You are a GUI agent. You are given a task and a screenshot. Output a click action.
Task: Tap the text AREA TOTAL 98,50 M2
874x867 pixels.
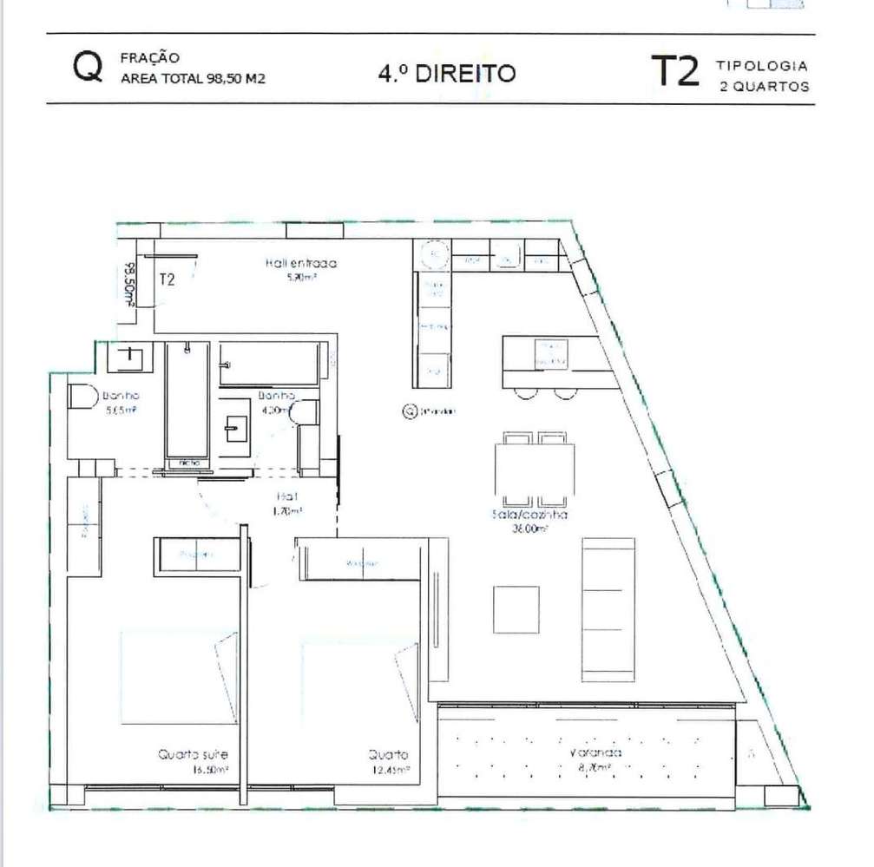(193, 79)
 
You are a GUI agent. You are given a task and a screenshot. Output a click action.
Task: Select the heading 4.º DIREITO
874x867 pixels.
(446, 73)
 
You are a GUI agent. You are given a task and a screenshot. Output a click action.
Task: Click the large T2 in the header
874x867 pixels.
(674, 72)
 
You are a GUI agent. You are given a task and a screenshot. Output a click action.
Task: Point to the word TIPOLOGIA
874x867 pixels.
(763, 66)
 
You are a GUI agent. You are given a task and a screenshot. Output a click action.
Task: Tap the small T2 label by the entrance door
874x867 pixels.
(168, 279)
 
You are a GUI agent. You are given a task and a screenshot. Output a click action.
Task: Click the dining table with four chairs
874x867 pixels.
(535, 470)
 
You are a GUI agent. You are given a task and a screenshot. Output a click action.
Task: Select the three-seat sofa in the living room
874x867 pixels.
(608, 609)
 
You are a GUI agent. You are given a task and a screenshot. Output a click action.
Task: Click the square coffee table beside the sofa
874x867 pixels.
(516, 609)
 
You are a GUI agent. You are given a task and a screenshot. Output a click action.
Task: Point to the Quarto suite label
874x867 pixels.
(193, 755)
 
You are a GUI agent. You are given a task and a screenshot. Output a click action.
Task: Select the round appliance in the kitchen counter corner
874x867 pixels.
(433, 256)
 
